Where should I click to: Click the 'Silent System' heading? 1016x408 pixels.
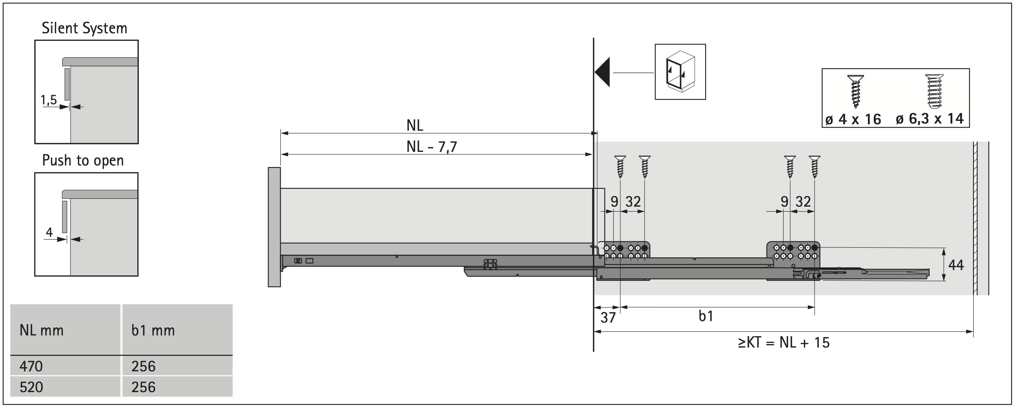pos(84,28)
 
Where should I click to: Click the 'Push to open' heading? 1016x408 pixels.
pos(83,160)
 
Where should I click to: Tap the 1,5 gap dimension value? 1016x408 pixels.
pos(49,100)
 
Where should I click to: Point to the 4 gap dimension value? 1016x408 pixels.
pos(49,232)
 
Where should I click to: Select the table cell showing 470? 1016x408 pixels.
pos(31,366)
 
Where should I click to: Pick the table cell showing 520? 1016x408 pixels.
pos(31,387)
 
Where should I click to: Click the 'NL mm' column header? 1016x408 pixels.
pos(41,330)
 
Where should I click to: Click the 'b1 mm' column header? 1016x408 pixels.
pos(153,330)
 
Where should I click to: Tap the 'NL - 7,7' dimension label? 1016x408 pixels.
pos(431,147)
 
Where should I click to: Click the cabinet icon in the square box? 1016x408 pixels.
pos(680,71)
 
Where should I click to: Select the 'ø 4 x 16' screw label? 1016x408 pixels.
pos(853,119)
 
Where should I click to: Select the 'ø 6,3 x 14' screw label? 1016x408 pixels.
pos(930,119)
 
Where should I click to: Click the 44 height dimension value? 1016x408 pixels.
pos(956,264)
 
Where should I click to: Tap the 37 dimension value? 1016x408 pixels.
pos(608,318)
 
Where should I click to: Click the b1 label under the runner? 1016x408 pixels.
pos(706,316)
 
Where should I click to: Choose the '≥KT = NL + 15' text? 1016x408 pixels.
pos(784,342)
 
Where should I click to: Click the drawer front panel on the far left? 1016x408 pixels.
pos(274,227)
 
